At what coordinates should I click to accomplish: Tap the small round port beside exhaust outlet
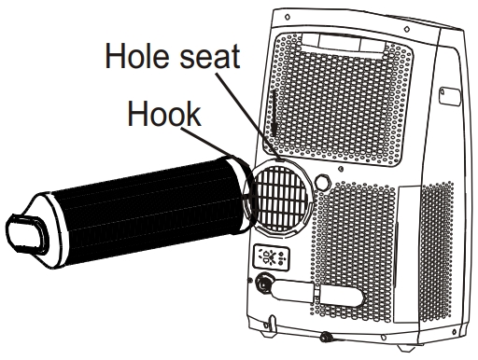(325, 176)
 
